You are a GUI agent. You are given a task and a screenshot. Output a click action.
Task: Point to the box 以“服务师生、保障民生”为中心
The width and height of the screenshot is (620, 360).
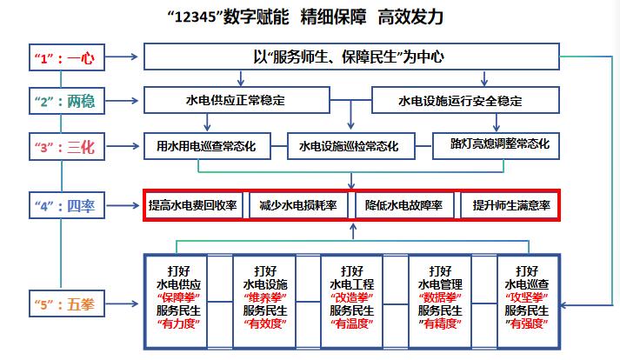point(350,58)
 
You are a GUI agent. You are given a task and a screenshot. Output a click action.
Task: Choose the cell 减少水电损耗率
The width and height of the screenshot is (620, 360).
point(297,206)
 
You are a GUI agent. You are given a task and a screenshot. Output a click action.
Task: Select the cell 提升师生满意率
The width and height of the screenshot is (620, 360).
point(509,206)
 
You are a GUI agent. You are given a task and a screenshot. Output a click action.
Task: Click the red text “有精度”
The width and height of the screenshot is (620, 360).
point(440,323)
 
